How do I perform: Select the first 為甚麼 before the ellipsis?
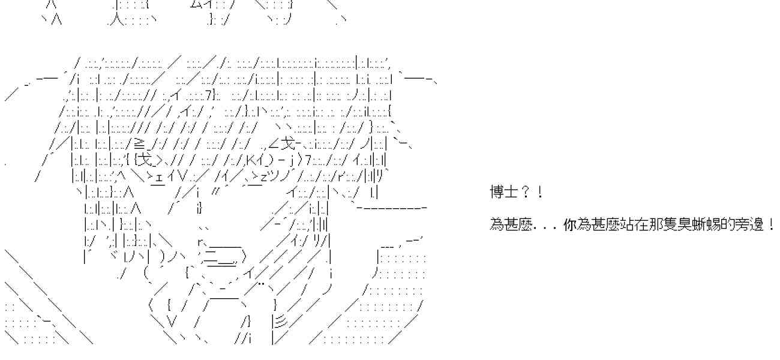click(511, 226)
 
